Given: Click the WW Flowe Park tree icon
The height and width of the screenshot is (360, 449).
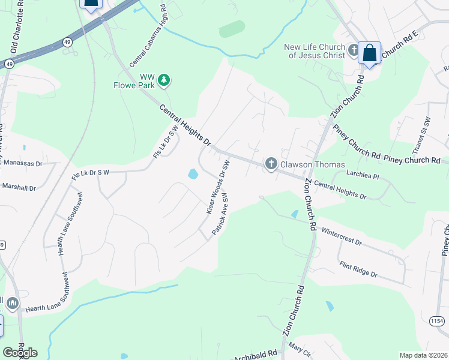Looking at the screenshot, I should tap(163, 80).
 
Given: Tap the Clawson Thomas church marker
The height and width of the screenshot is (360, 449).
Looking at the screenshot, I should tap(271, 164).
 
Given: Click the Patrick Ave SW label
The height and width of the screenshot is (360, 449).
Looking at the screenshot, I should tap(220, 214).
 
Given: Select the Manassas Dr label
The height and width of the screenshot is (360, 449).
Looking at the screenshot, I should tap(22, 163).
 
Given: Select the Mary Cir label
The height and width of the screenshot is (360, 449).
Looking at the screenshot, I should tap(298, 346).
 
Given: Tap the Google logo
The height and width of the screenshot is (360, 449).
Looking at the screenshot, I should tap(20, 352).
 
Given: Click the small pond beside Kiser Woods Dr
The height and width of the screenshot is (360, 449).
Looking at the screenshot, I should tap(193, 174).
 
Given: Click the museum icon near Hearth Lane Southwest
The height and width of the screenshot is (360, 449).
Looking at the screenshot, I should tap(13, 304).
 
